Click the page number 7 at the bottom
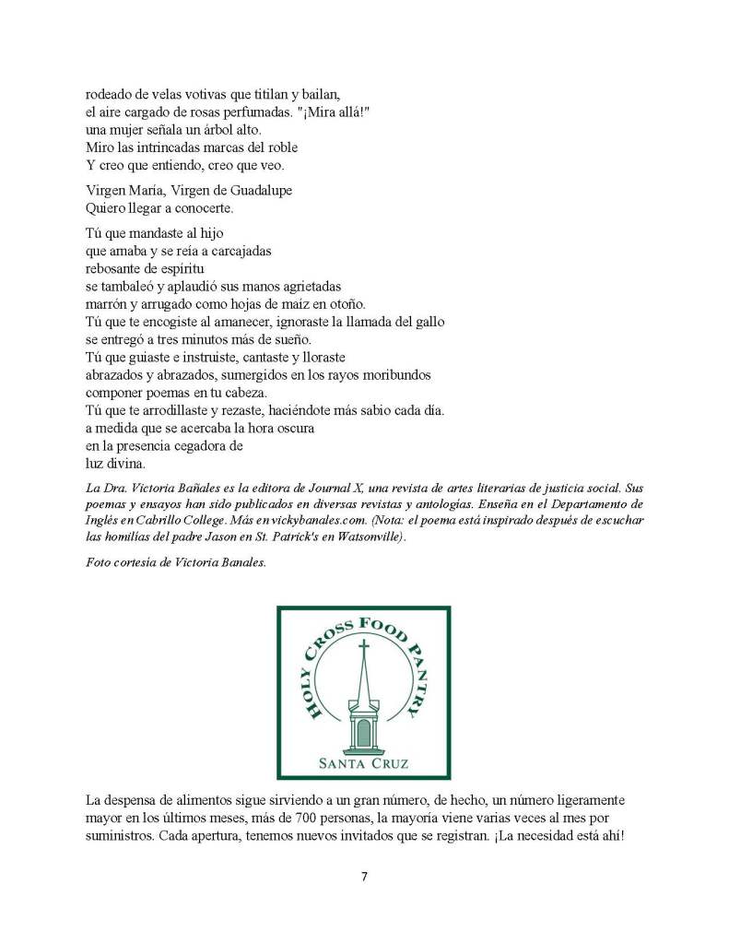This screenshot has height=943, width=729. click(x=364, y=877)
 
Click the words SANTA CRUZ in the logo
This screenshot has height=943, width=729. click(x=364, y=763)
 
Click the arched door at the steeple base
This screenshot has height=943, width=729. click(x=364, y=734)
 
